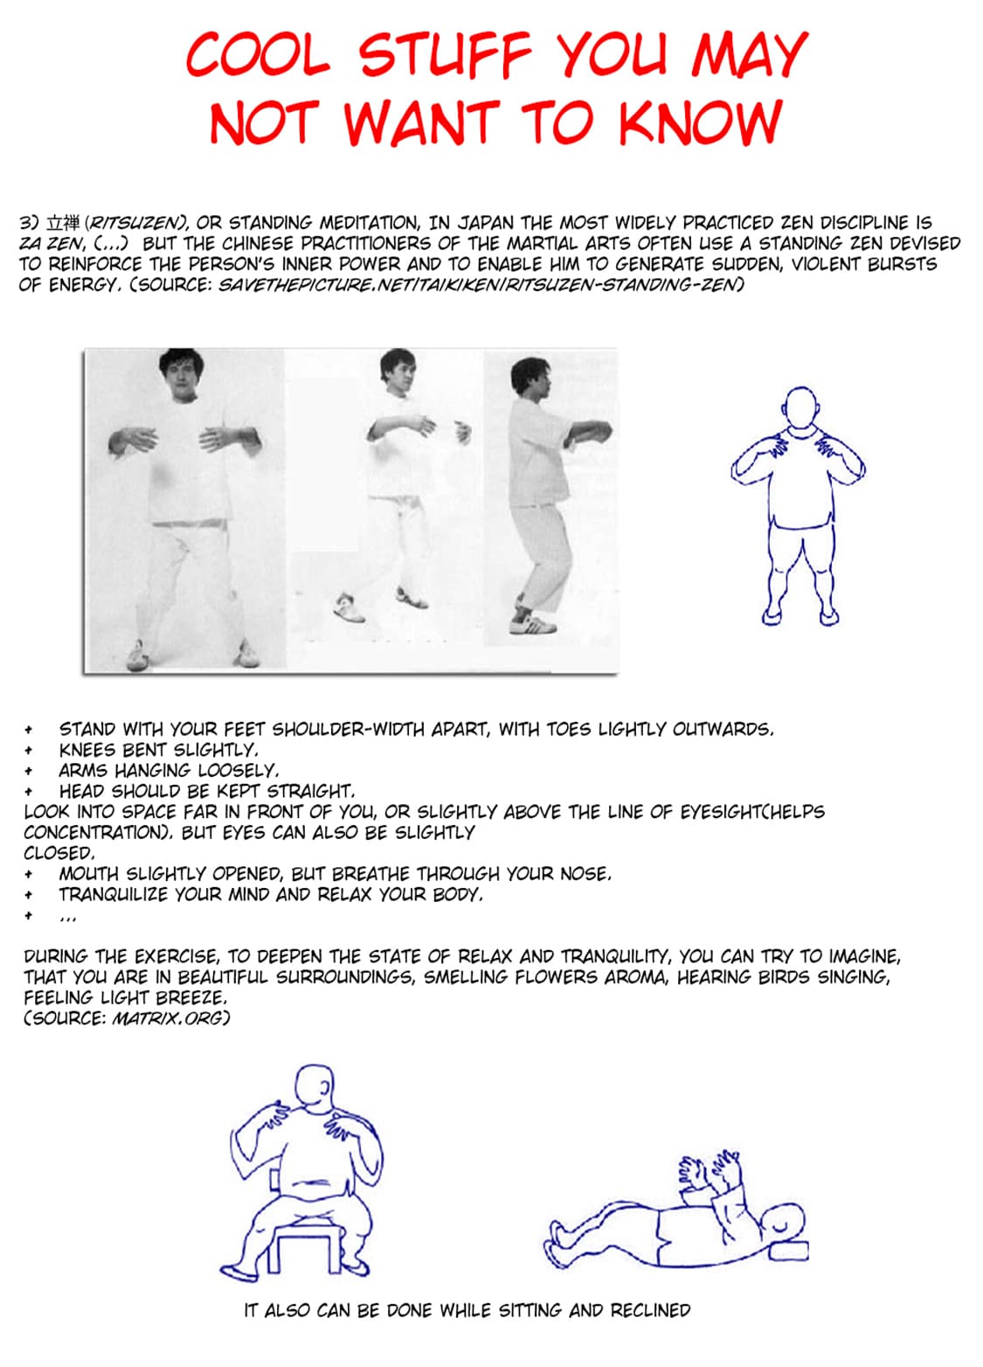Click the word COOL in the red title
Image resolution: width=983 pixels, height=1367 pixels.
(x=258, y=54)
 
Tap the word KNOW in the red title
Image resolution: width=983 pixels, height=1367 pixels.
(x=699, y=122)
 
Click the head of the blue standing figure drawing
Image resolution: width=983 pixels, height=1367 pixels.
(x=801, y=407)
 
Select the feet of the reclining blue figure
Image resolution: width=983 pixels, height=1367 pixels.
(x=561, y=1241)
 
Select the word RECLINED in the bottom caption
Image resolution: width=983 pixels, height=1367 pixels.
(x=650, y=1310)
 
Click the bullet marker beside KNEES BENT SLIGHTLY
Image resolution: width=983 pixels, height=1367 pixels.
(x=29, y=750)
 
